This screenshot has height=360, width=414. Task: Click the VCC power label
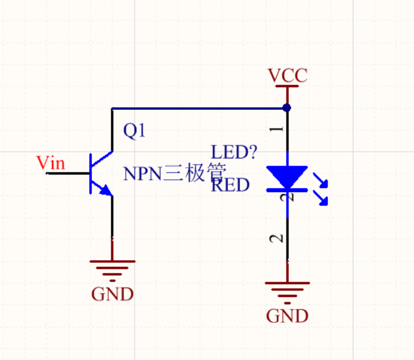click(287, 75)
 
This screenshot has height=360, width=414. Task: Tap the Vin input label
click(51, 163)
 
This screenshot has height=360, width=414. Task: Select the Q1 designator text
click(134, 131)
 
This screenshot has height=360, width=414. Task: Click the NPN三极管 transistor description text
click(174, 173)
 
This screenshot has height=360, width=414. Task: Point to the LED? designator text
click(234, 152)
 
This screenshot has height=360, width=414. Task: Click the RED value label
click(231, 185)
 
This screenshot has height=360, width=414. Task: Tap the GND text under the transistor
click(113, 294)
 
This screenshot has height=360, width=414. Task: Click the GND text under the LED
click(287, 316)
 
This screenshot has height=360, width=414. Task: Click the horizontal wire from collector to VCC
click(199, 108)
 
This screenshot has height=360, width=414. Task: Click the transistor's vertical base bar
click(91, 173)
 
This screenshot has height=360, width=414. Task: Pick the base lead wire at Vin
click(69, 173)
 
